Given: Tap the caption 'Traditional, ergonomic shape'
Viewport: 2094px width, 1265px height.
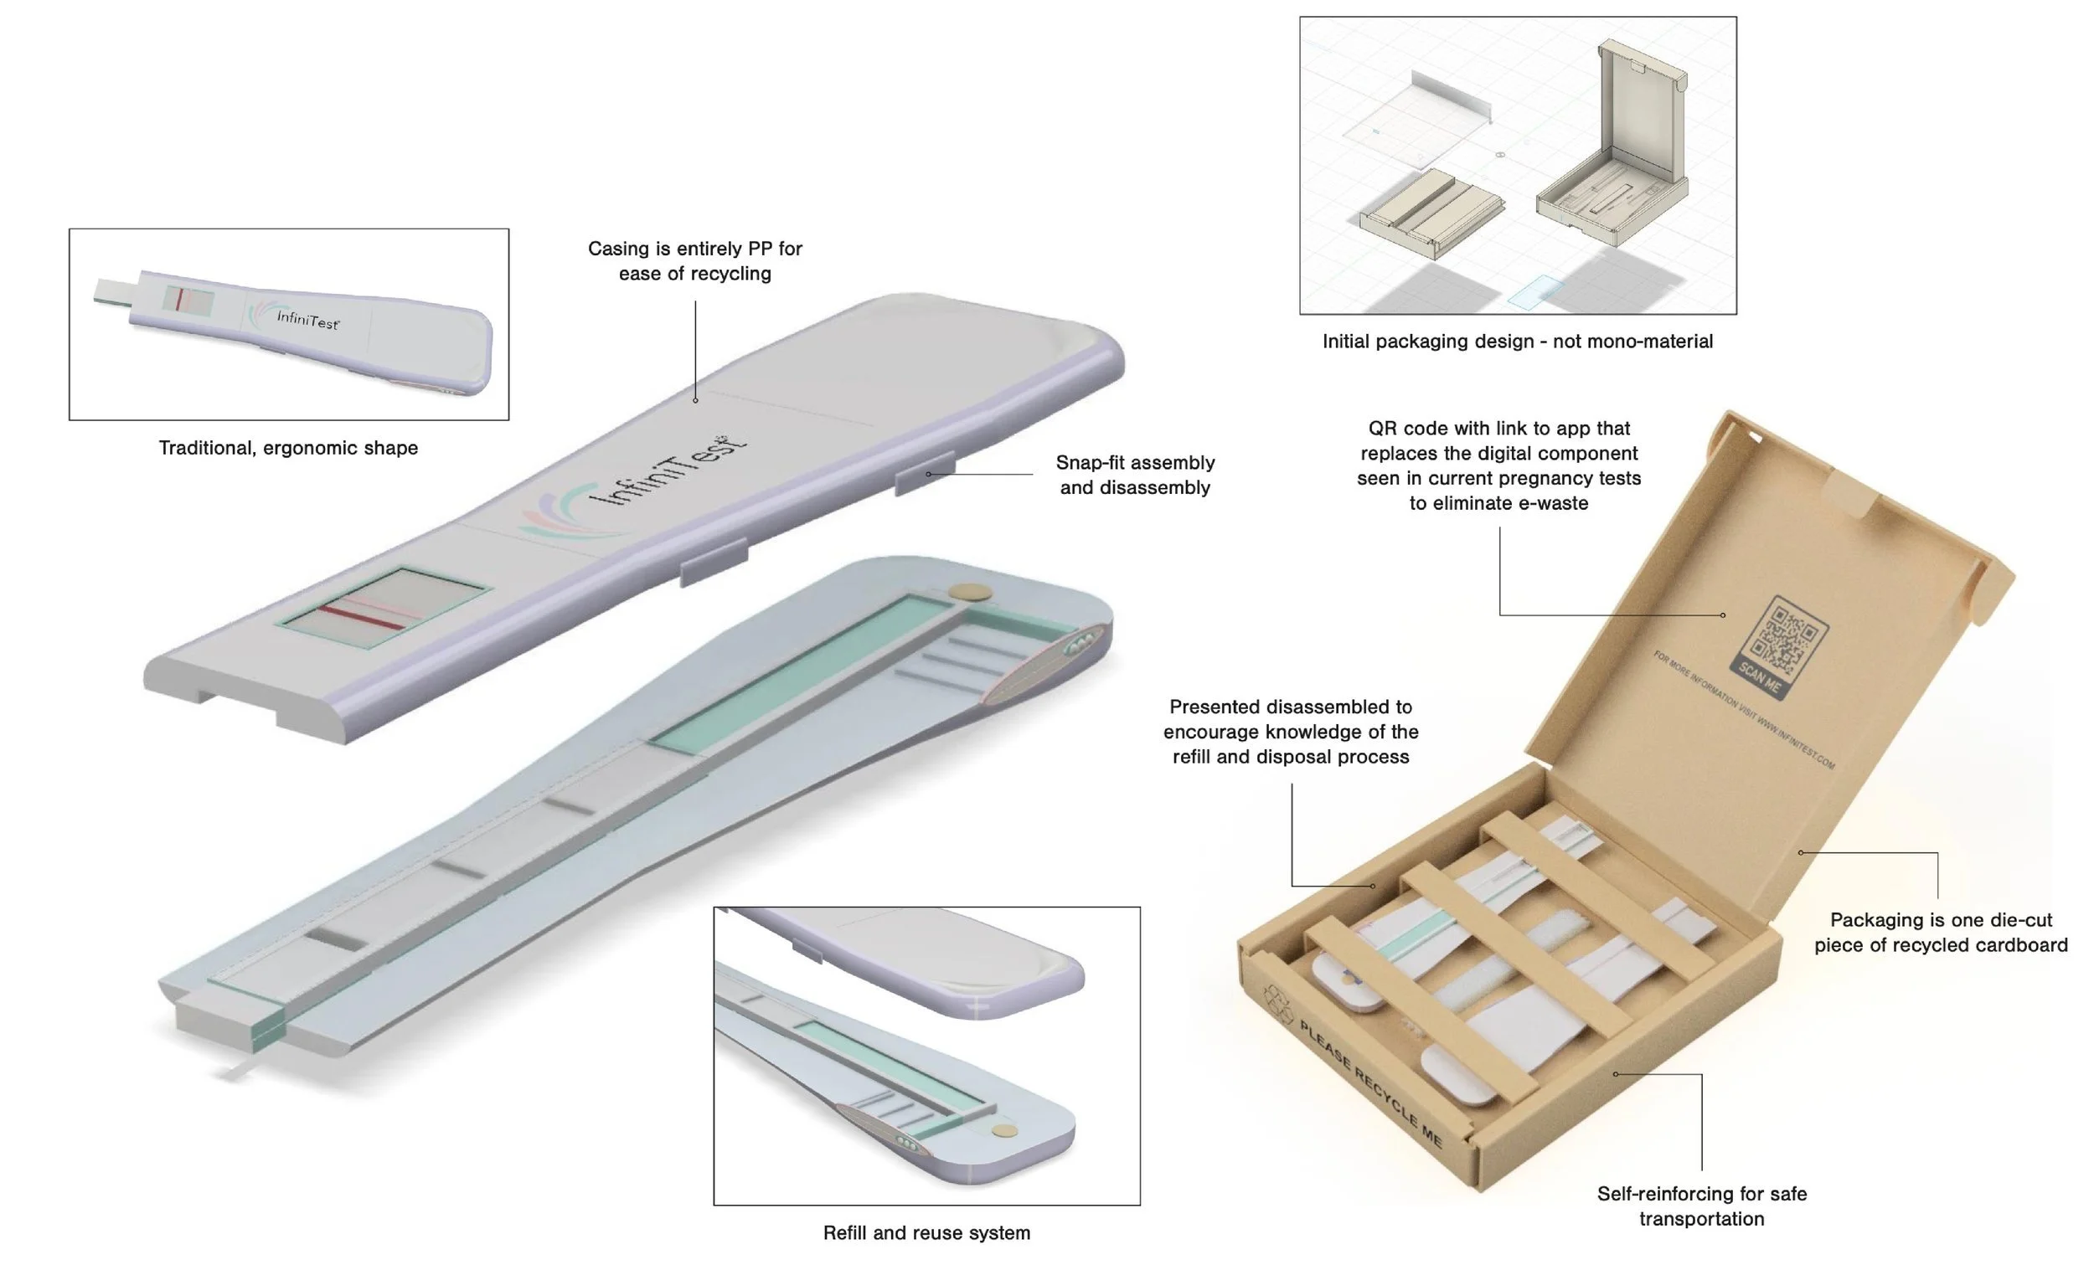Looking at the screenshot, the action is pyautogui.click(x=288, y=448).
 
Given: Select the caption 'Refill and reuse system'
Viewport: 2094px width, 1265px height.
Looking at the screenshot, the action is pyautogui.click(x=926, y=1232).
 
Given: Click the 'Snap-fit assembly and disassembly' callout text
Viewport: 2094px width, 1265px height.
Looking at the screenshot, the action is pyautogui.click(x=1135, y=475).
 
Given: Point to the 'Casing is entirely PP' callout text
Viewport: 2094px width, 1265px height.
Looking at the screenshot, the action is pyautogui.click(x=694, y=261).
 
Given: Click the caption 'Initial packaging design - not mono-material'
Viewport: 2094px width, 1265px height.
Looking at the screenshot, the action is pyautogui.click(x=1517, y=342).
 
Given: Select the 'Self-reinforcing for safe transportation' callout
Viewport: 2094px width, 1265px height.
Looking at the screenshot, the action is pyautogui.click(x=1701, y=1206).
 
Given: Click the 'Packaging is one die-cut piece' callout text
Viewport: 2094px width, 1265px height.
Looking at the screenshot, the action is pyautogui.click(x=1940, y=932).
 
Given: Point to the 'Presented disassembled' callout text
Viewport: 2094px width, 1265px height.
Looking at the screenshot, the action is pyautogui.click(x=1290, y=732).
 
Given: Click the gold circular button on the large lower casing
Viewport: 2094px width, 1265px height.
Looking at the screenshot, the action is pyautogui.click(x=970, y=591).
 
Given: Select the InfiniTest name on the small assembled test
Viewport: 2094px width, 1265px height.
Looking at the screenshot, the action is pyautogui.click(x=307, y=321).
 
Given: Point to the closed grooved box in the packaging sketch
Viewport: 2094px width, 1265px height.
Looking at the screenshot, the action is pyautogui.click(x=1431, y=213).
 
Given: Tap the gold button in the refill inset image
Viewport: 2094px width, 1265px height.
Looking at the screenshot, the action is pyautogui.click(x=1004, y=1131).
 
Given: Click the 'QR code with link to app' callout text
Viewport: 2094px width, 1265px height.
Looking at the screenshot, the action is pyautogui.click(x=1498, y=465).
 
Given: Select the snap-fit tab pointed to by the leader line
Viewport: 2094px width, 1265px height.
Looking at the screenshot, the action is pyautogui.click(x=925, y=472).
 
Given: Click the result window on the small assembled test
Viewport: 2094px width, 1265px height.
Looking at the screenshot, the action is pyautogui.click(x=188, y=301).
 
